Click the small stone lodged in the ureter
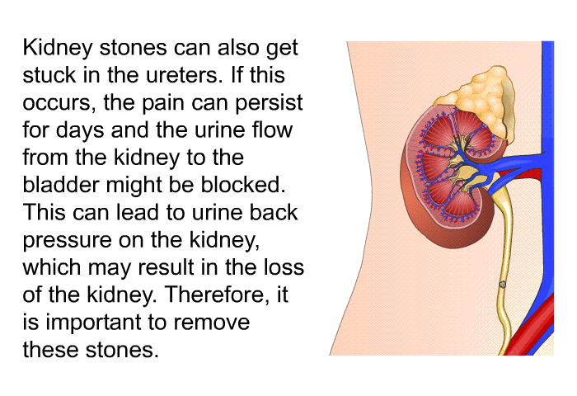(x=502, y=285)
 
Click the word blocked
(x=243, y=185)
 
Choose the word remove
(x=212, y=323)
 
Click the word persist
(x=269, y=103)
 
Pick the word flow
(x=272, y=130)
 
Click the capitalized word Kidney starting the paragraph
(x=58, y=48)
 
